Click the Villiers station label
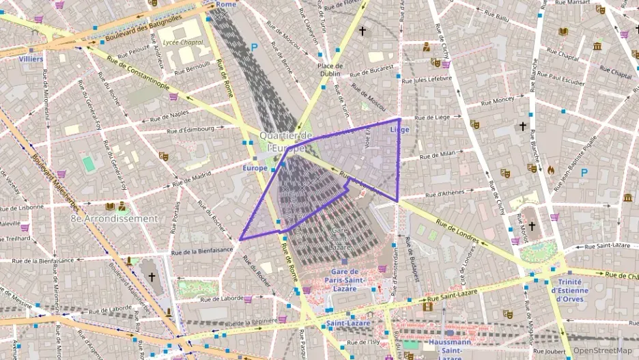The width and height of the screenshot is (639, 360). click(31, 59)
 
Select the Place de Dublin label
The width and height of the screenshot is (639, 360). click(330, 70)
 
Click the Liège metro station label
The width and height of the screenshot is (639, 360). click(399, 129)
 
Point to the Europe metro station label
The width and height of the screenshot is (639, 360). click(255, 167)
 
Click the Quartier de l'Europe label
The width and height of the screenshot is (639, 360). click(286, 141)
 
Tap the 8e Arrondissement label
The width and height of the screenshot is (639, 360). click(114, 219)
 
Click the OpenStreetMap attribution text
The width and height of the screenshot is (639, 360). click(598, 350)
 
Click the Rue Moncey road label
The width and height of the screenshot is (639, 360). click(498, 100)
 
